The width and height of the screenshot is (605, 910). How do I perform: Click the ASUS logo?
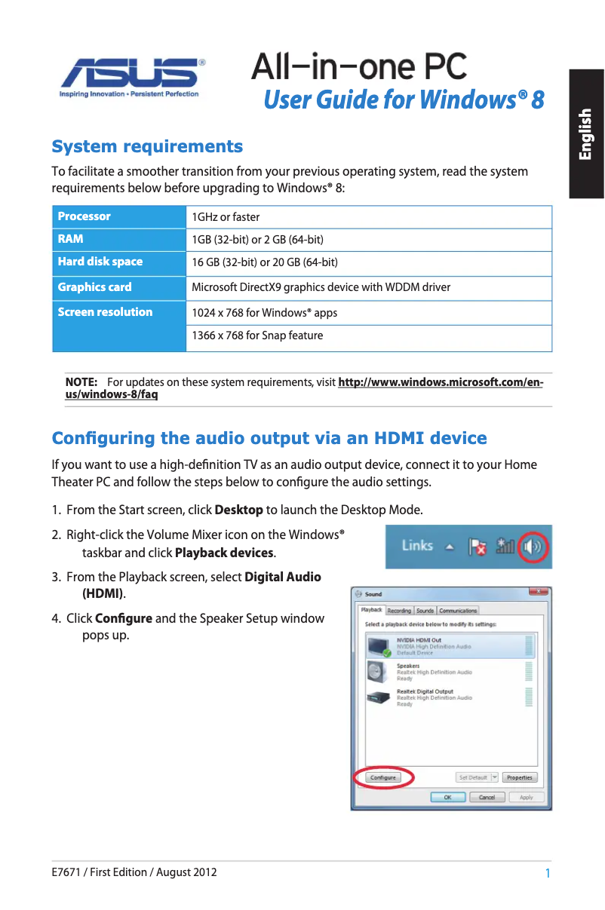[133, 75]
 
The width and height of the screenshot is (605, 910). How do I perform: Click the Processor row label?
[84, 216]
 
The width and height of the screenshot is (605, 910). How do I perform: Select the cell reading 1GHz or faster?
[226, 217]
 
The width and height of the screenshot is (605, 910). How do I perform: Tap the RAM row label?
[71, 239]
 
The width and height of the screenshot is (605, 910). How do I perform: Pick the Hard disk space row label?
[100, 262]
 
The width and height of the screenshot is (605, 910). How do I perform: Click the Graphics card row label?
[94, 286]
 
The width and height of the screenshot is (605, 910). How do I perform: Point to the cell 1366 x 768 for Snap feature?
[257, 336]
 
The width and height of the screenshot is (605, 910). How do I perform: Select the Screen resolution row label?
[105, 312]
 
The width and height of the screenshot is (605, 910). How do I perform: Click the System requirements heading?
[147, 146]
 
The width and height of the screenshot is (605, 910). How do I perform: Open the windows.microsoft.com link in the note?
[440, 382]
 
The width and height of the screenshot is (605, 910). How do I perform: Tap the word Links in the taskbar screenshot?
[416, 545]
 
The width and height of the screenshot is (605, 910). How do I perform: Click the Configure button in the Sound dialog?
[383, 777]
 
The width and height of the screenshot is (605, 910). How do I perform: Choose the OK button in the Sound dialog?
[447, 797]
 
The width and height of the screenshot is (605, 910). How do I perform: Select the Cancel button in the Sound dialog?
[487, 797]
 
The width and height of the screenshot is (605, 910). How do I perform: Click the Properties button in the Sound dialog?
[520, 777]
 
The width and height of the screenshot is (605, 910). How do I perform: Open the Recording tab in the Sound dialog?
[399, 611]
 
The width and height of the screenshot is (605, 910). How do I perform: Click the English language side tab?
[586, 134]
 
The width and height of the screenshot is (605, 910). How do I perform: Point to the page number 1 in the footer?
[547, 873]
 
